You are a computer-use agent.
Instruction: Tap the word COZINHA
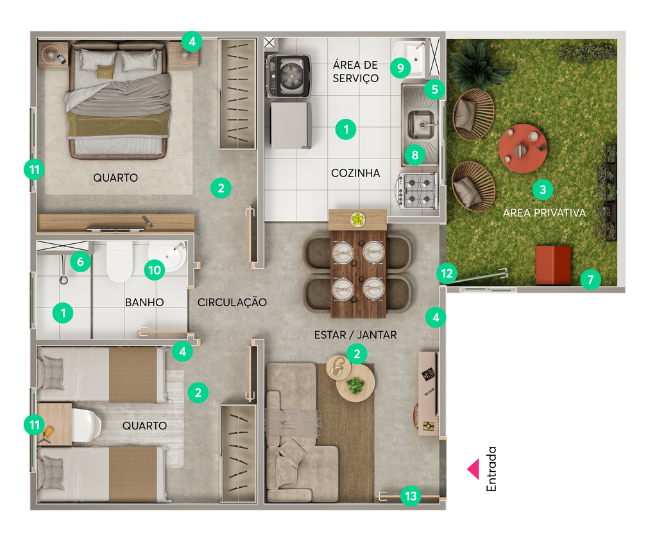pos(355,173)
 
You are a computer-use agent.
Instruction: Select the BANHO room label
pos(144,302)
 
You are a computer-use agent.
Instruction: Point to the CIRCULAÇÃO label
pos(232,302)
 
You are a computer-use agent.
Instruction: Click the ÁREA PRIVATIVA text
pos(544,213)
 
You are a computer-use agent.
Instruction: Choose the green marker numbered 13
pos(411,496)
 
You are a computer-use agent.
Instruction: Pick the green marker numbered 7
pos(590,279)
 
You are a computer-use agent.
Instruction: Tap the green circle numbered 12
pos(447,273)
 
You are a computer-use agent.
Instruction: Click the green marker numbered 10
pos(155,270)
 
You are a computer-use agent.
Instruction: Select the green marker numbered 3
pos(543,189)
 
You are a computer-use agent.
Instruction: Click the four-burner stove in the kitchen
pos(418,191)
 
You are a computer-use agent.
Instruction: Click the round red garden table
pos(522,148)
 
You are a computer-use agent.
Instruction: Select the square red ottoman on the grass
pos(553,265)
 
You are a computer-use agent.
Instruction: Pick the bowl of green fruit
pos(357,220)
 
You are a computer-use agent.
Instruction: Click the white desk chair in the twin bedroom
pos(87,425)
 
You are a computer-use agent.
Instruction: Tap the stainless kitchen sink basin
pos(421,125)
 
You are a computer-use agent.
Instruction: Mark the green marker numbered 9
pos(400,67)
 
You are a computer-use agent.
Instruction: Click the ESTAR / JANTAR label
pos(355,335)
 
